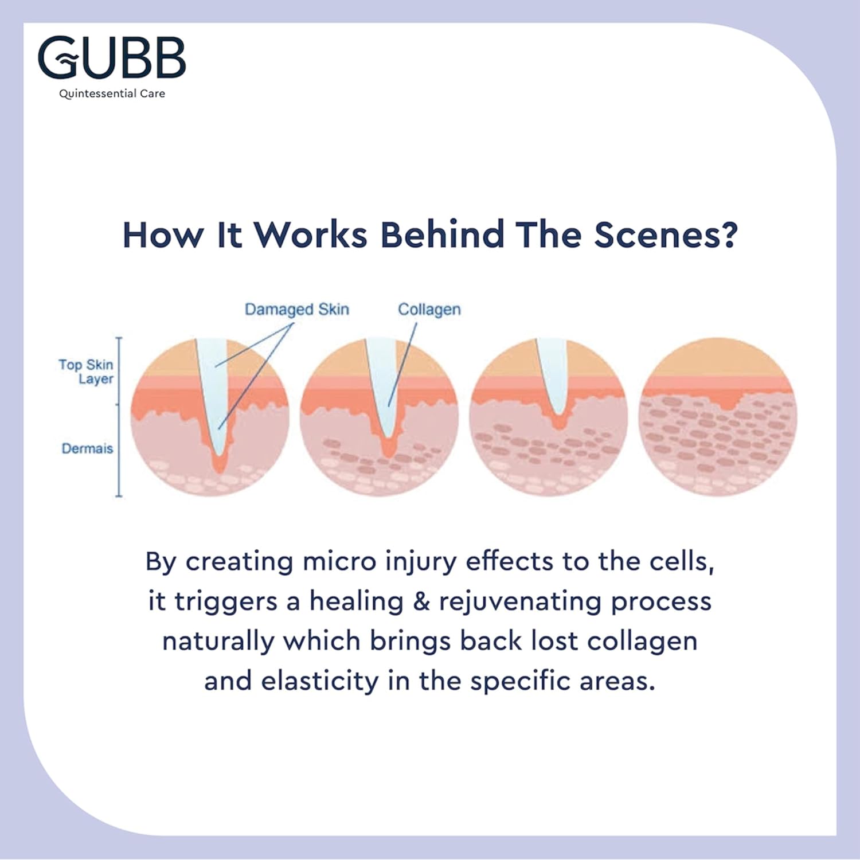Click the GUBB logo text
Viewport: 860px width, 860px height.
112,57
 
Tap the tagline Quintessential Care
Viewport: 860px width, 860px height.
112,93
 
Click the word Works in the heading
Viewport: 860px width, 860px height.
310,235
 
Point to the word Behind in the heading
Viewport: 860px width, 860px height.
442,235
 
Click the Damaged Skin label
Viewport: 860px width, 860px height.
296,310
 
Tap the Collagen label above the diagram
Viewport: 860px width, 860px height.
429,310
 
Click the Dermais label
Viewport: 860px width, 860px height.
87,448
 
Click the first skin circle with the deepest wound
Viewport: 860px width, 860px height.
209,417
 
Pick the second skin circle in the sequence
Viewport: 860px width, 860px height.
378,417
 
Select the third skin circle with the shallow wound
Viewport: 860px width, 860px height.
548,417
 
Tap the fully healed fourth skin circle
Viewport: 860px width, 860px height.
717,417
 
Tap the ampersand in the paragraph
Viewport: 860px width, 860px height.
421,601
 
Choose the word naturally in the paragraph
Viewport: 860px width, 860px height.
218,642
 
